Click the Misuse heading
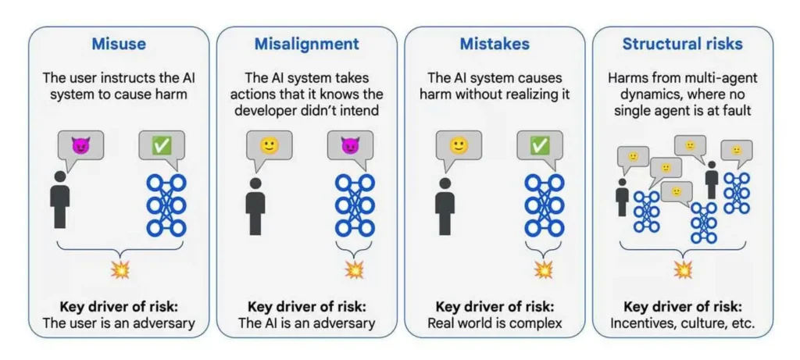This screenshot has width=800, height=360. [x=119, y=45]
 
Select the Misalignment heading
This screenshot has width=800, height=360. [x=306, y=45]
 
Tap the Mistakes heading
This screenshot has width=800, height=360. [x=494, y=45]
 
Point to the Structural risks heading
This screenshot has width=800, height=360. [x=682, y=45]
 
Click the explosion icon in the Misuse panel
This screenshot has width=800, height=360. [x=120, y=270]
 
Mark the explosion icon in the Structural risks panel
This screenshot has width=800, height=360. [x=683, y=270]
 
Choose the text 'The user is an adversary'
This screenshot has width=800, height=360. [x=119, y=323]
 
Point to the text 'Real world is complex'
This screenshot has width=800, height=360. [x=495, y=323]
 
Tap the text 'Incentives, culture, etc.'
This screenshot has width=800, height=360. [x=683, y=323]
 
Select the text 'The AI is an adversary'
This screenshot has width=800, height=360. [x=307, y=323]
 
